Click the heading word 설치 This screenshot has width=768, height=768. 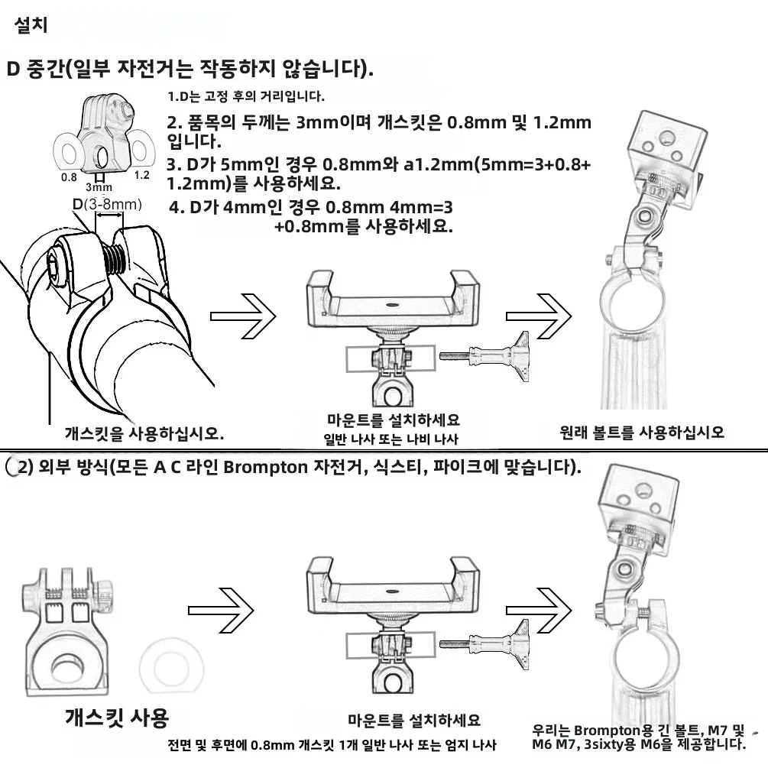point(31,25)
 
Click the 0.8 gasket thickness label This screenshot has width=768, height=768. point(70,176)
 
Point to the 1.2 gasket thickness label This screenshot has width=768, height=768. point(141,175)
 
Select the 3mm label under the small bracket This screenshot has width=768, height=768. point(99,186)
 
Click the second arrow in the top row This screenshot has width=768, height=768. point(538,316)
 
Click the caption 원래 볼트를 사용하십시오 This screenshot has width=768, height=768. point(642,432)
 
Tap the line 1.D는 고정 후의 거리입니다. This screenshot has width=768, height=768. point(246,97)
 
